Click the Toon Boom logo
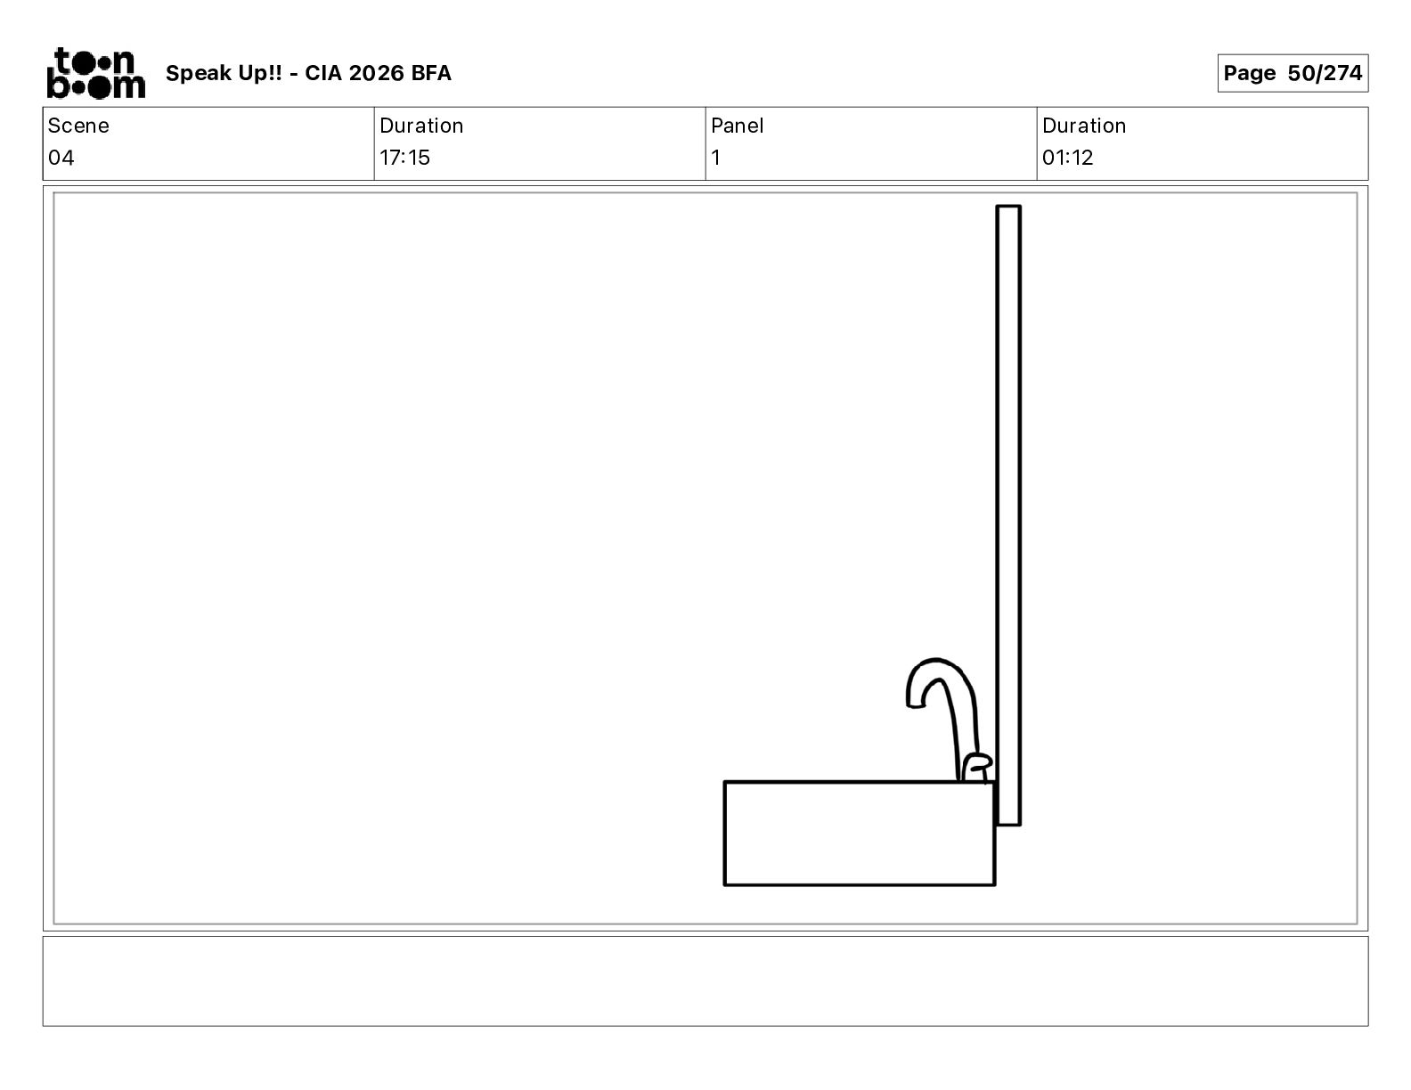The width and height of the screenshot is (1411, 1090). click(96, 73)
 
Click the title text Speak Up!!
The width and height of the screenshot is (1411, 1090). click(224, 73)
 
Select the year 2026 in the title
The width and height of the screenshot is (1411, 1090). click(377, 73)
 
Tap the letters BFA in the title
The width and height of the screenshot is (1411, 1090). click(430, 73)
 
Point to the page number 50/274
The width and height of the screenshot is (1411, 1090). click(1325, 73)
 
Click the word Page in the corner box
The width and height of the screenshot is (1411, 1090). click(1249, 73)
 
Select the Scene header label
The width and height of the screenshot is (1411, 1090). click(78, 126)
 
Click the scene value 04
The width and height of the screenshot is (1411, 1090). click(61, 157)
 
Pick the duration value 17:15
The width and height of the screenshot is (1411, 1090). click(404, 157)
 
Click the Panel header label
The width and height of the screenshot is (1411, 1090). click(737, 126)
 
